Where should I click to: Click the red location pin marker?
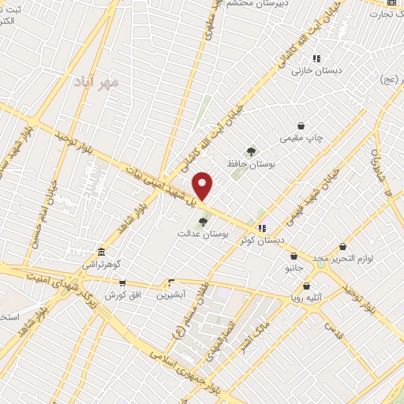tap(204, 185)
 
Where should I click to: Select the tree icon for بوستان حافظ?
tap(251, 151)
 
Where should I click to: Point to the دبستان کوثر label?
tap(263, 241)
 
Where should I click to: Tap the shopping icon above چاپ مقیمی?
tap(301, 125)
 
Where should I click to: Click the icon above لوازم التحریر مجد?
tap(342, 246)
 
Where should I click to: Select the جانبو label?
tap(294, 268)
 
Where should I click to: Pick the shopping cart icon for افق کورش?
tap(122, 282)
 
